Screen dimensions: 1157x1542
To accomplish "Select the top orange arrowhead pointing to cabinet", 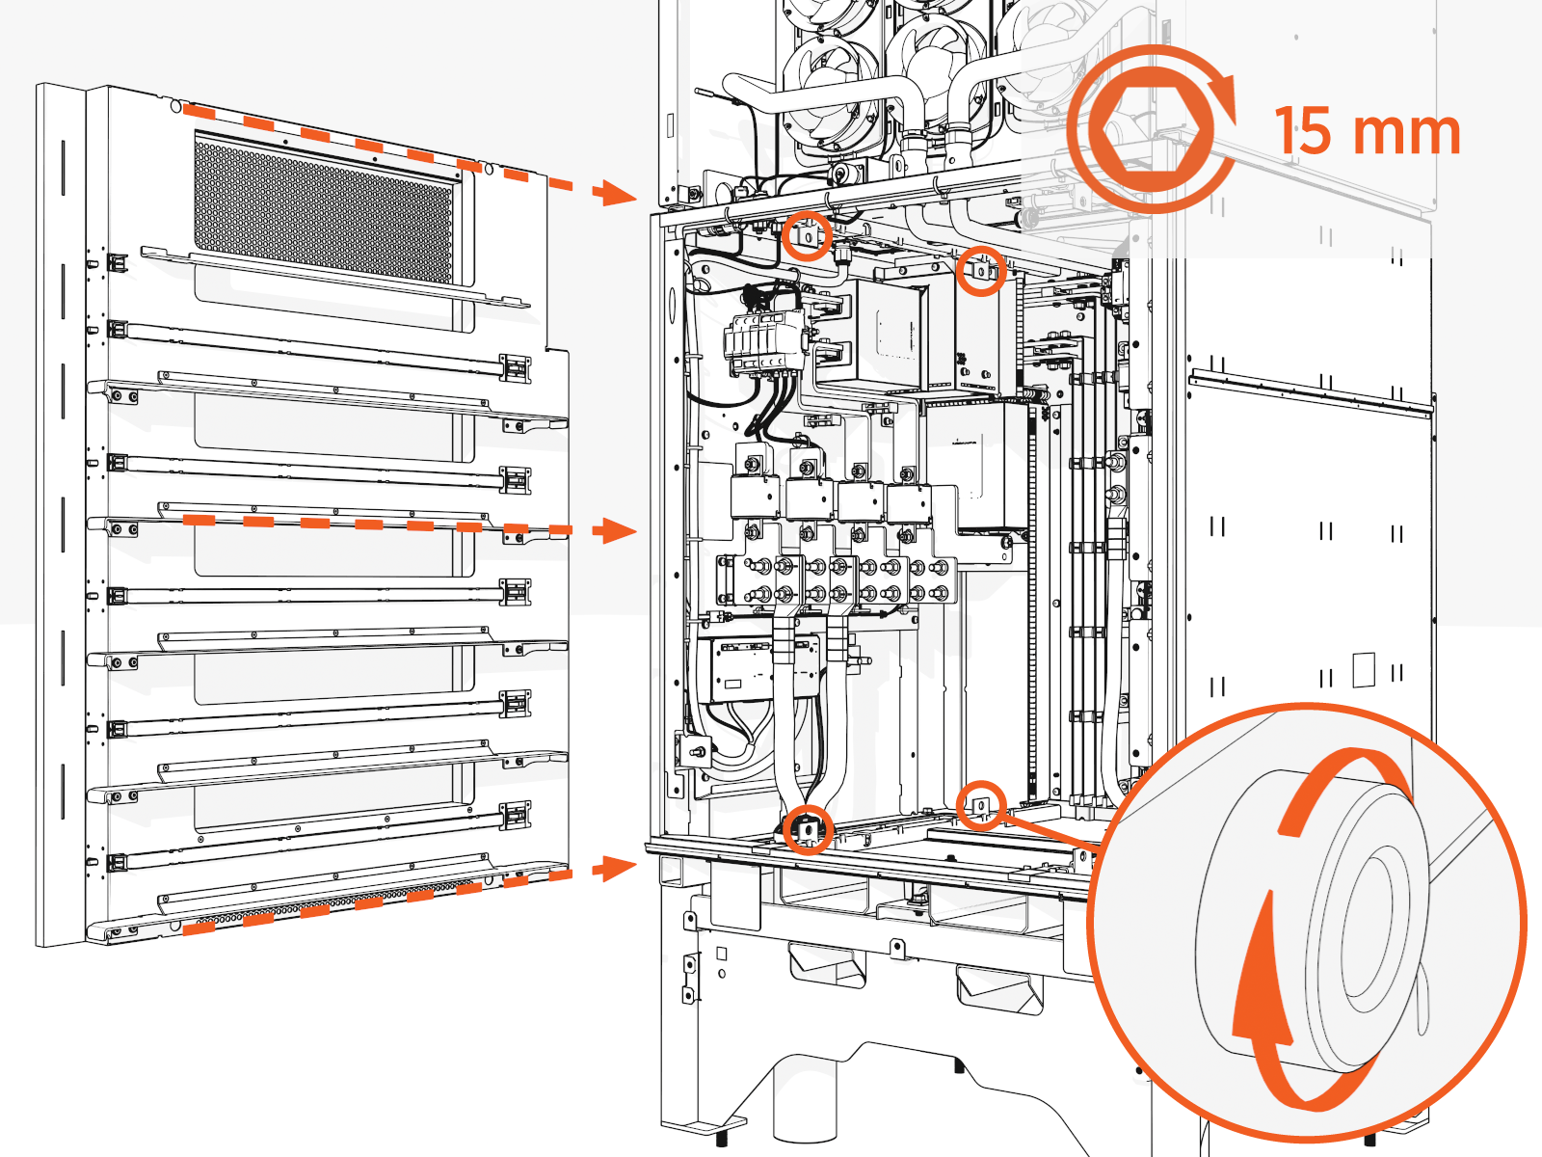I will click(x=615, y=192).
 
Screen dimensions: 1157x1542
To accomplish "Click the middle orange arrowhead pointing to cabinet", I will click(x=615, y=530).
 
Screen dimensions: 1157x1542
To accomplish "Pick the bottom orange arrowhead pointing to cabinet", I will click(x=615, y=868).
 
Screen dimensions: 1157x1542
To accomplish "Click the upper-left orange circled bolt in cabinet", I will click(x=807, y=235).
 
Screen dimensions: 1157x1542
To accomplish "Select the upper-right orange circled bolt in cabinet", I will click(x=981, y=271).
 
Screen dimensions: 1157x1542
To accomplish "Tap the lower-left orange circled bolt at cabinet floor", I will click(x=807, y=828).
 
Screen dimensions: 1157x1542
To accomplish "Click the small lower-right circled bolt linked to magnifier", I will click(x=981, y=804).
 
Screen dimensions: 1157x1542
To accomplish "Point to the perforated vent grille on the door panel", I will click(x=323, y=211).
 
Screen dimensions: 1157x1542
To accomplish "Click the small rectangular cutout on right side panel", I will click(x=1363, y=669).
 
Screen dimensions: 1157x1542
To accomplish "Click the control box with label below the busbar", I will click(x=742, y=669).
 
